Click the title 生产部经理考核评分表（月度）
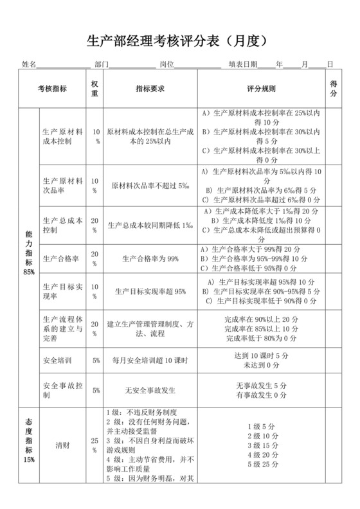click(x=181, y=41)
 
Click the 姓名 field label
click(x=28, y=64)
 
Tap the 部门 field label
click(x=101, y=64)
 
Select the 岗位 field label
click(x=166, y=64)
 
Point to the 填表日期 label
click(x=242, y=64)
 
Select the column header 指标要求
click(x=151, y=88)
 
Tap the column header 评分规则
click(x=262, y=88)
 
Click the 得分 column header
click(x=334, y=88)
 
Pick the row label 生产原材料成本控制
click(x=62, y=135)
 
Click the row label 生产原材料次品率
click(x=62, y=186)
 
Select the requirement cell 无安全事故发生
click(x=150, y=390)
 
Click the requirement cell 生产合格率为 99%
click(x=150, y=259)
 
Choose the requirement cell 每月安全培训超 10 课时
click(x=150, y=361)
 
